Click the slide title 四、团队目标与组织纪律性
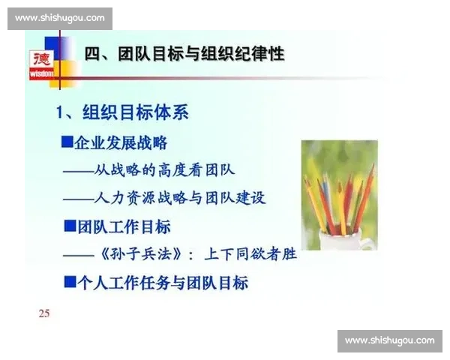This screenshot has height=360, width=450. (184, 54)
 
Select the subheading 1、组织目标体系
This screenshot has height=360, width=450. (123, 113)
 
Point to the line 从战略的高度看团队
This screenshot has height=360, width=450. (165, 170)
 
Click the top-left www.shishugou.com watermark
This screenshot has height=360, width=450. (60, 18)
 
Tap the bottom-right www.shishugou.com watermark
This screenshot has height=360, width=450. (390, 341)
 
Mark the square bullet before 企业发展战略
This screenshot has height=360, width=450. (67, 142)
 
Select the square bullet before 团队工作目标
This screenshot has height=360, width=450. (70, 226)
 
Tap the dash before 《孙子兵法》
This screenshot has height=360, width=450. (78, 255)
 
